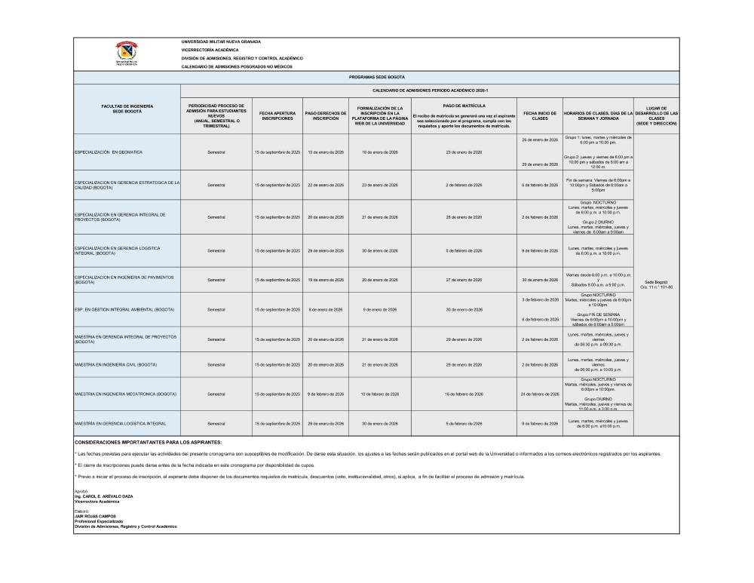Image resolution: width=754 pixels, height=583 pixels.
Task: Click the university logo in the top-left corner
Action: (x=127, y=53)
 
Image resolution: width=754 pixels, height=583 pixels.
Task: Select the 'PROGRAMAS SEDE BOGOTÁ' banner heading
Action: (x=377, y=78)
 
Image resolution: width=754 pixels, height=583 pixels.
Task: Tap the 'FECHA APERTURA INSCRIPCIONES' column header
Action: (x=277, y=115)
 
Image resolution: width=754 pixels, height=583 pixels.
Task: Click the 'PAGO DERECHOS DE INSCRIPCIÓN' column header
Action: (x=325, y=115)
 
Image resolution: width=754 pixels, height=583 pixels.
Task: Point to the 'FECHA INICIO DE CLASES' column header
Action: (x=539, y=115)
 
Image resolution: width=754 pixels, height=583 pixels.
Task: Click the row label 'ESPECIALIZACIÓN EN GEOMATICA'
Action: (x=109, y=152)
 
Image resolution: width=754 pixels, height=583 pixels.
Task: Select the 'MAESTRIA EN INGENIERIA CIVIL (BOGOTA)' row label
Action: (x=115, y=364)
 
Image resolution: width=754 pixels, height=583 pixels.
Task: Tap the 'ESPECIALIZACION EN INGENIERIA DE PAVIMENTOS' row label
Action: (x=125, y=280)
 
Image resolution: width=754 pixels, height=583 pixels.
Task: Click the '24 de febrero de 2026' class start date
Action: (x=539, y=394)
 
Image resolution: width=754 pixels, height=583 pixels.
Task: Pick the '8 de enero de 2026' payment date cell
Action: (x=325, y=309)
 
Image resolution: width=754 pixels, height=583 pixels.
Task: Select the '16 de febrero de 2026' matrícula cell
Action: (x=458, y=394)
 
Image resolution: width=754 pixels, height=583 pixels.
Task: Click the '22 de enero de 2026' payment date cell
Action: (x=325, y=185)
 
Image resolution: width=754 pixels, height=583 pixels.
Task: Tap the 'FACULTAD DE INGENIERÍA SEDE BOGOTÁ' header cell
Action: (x=127, y=109)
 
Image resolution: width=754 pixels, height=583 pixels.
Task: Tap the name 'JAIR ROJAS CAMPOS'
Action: (x=94, y=516)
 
